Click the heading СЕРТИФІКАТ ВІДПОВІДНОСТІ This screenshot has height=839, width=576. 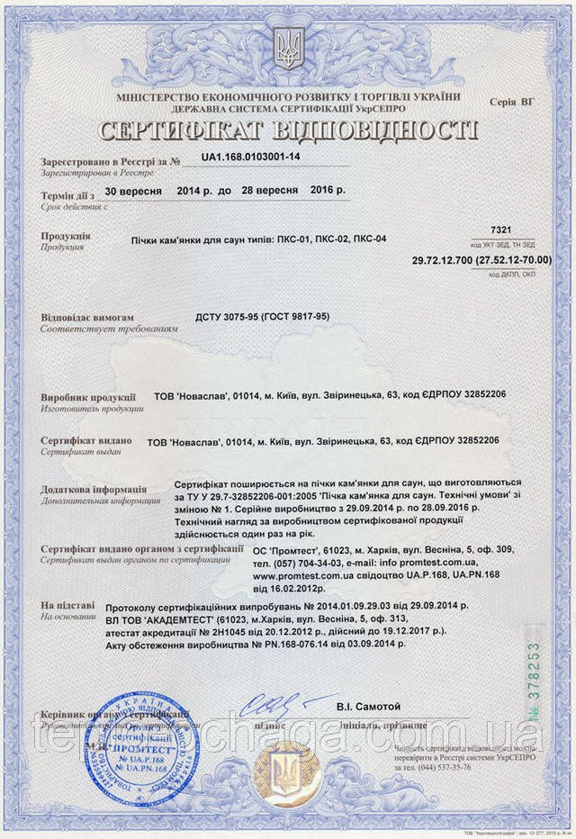coord(287,129)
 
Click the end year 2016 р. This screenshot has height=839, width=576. coord(328,192)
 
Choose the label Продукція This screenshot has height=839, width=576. coord(66,236)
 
